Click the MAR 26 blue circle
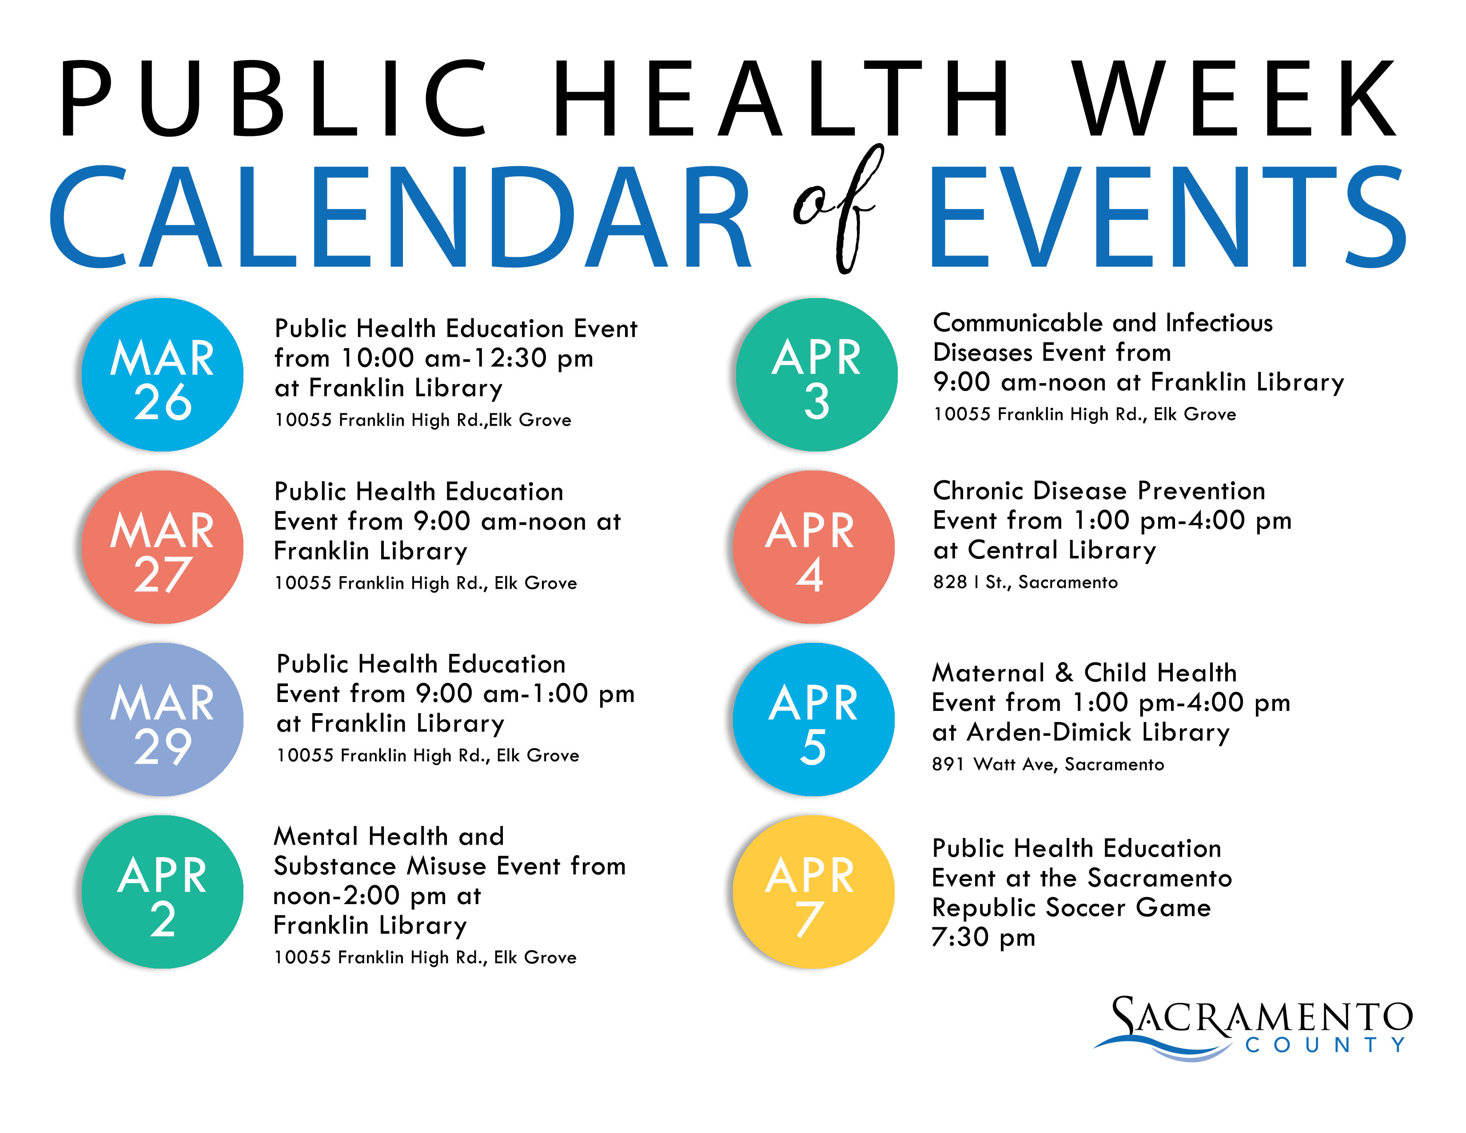point(163,375)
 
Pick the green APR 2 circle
point(163,893)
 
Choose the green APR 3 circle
point(816,375)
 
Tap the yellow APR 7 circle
point(813,893)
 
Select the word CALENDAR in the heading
point(399,216)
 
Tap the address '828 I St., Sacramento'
point(1025,582)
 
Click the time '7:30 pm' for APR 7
point(984,937)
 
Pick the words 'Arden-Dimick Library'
point(1098,732)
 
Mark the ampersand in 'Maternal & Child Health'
point(1064,673)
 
